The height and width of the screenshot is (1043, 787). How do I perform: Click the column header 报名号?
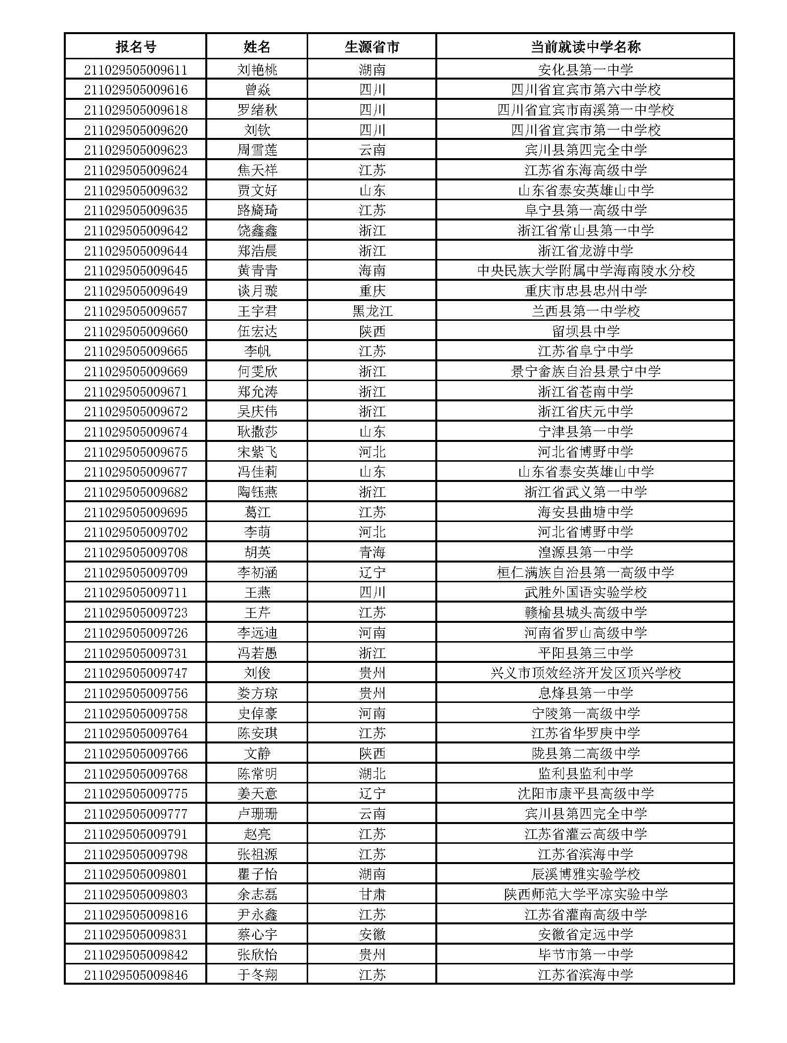pyautogui.click(x=136, y=47)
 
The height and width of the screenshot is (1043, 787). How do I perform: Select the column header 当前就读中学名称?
pyautogui.click(x=585, y=47)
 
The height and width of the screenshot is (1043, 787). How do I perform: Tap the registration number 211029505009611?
pyautogui.click(x=136, y=70)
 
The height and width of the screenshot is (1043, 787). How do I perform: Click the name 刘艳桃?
pyautogui.click(x=257, y=70)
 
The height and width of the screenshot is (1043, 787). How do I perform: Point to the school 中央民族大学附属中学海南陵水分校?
pyautogui.click(x=586, y=271)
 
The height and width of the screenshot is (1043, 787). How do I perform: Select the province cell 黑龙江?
pyautogui.click(x=372, y=311)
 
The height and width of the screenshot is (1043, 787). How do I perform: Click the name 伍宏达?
pyautogui.click(x=257, y=331)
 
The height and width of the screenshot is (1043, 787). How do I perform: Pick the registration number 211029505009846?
pyautogui.click(x=136, y=975)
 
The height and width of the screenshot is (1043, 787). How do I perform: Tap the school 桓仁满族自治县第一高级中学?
pyautogui.click(x=586, y=572)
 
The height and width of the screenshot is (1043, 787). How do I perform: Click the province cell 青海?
pyautogui.click(x=372, y=552)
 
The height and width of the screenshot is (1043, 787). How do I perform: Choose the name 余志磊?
pyautogui.click(x=257, y=894)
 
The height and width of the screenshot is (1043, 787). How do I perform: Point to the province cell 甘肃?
pyautogui.click(x=372, y=894)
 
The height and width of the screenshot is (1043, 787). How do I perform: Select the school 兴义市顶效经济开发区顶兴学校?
pyautogui.click(x=586, y=673)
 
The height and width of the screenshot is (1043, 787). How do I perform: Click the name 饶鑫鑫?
pyautogui.click(x=257, y=230)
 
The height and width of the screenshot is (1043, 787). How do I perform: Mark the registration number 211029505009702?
pyautogui.click(x=136, y=532)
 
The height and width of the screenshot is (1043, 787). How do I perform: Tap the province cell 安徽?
pyautogui.click(x=372, y=934)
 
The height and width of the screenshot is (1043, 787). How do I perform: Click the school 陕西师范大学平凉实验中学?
pyautogui.click(x=586, y=894)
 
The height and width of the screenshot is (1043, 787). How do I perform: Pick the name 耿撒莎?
pyautogui.click(x=257, y=432)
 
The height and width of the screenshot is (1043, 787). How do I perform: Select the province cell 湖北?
pyautogui.click(x=372, y=774)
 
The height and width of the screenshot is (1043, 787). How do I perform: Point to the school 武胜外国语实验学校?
pyautogui.click(x=586, y=593)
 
